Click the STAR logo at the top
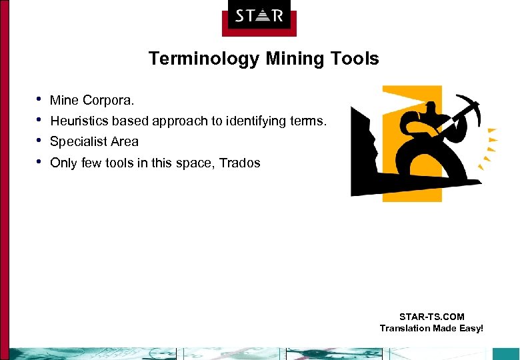pyautogui.click(x=259, y=15)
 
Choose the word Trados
pyautogui.click(x=239, y=163)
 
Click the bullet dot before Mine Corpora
pyautogui.click(x=39, y=99)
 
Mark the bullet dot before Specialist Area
pyautogui.click(x=39, y=141)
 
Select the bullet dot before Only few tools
pyautogui.click(x=39, y=161)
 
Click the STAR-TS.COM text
pyautogui.click(x=431, y=317)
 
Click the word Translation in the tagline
pyautogui.click(x=405, y=328)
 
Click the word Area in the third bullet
pyautogui.click(x=125, y=141)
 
